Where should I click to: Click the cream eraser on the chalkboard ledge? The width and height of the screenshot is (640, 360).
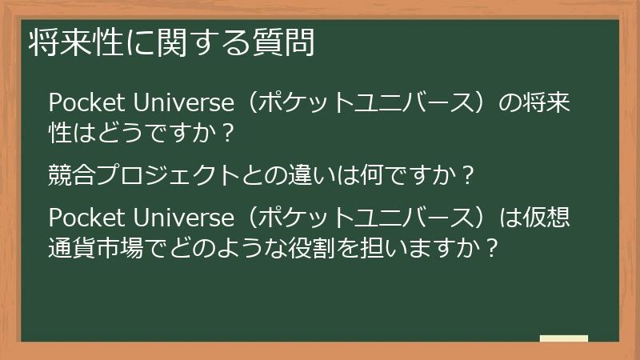564,339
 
